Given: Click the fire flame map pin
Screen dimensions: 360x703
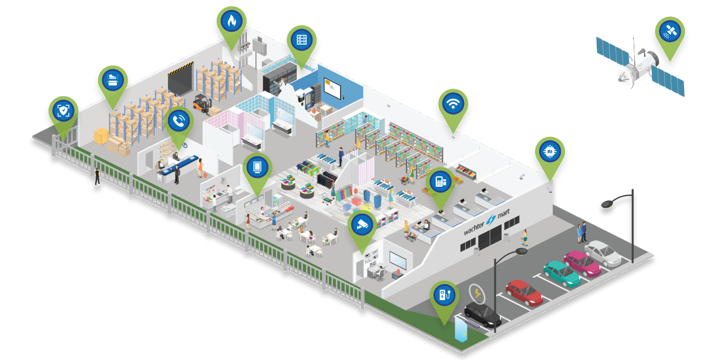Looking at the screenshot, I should (231, 22).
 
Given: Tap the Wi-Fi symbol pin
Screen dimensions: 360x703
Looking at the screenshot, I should (453, 105).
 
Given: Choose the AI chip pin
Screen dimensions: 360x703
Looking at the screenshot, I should (550, 152).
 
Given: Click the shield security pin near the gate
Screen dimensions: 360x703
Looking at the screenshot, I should (63, 110).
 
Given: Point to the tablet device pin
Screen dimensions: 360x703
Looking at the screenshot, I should (257, 167).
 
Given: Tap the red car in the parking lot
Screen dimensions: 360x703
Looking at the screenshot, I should (524, 292).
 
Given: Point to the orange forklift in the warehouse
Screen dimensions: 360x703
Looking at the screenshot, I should (202, 104).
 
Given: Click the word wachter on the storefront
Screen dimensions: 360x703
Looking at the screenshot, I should (479, 228).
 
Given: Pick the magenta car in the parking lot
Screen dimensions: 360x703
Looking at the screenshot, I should (582, 263).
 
